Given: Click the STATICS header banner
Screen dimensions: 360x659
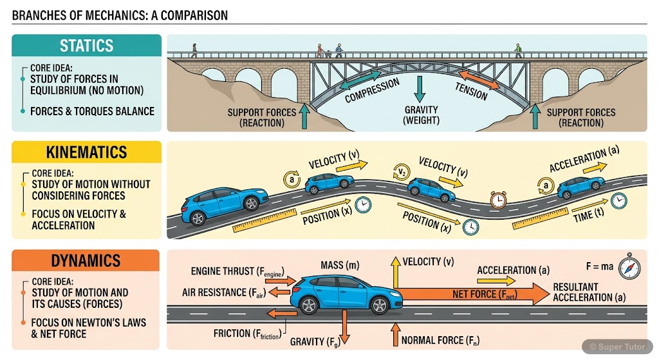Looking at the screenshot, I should pyautogui.click(x=86, y=46).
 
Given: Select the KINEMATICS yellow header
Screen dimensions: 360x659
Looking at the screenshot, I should pyautogui.click(x=86, y=153).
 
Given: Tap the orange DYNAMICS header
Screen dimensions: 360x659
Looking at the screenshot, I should pyautogui.click(x=86, y=261).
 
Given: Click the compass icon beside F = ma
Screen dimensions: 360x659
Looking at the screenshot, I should pyautogui.click(x=629, y=266).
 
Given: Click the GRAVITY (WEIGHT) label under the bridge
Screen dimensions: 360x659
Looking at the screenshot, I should pyautogui.click(x=421, y=115).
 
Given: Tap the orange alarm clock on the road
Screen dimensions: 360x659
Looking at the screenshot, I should pyautogui.click(x=498, y=200).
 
